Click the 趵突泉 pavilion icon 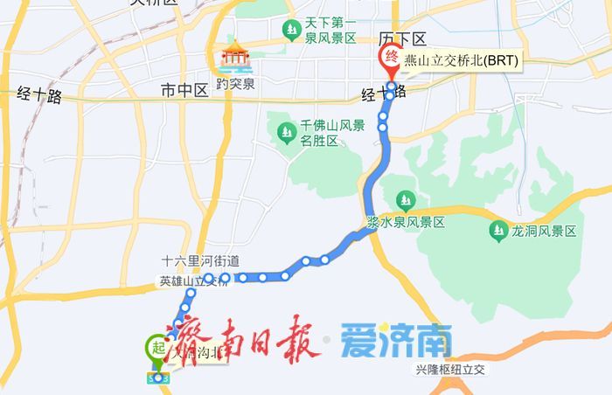(x=235, y=56)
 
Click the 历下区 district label (x=401, y=39)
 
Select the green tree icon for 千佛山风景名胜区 (x=286, y=133)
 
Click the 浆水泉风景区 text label (x=406, y=223)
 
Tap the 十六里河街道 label (x=200, y=260)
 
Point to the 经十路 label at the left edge (x=39, y=96)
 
